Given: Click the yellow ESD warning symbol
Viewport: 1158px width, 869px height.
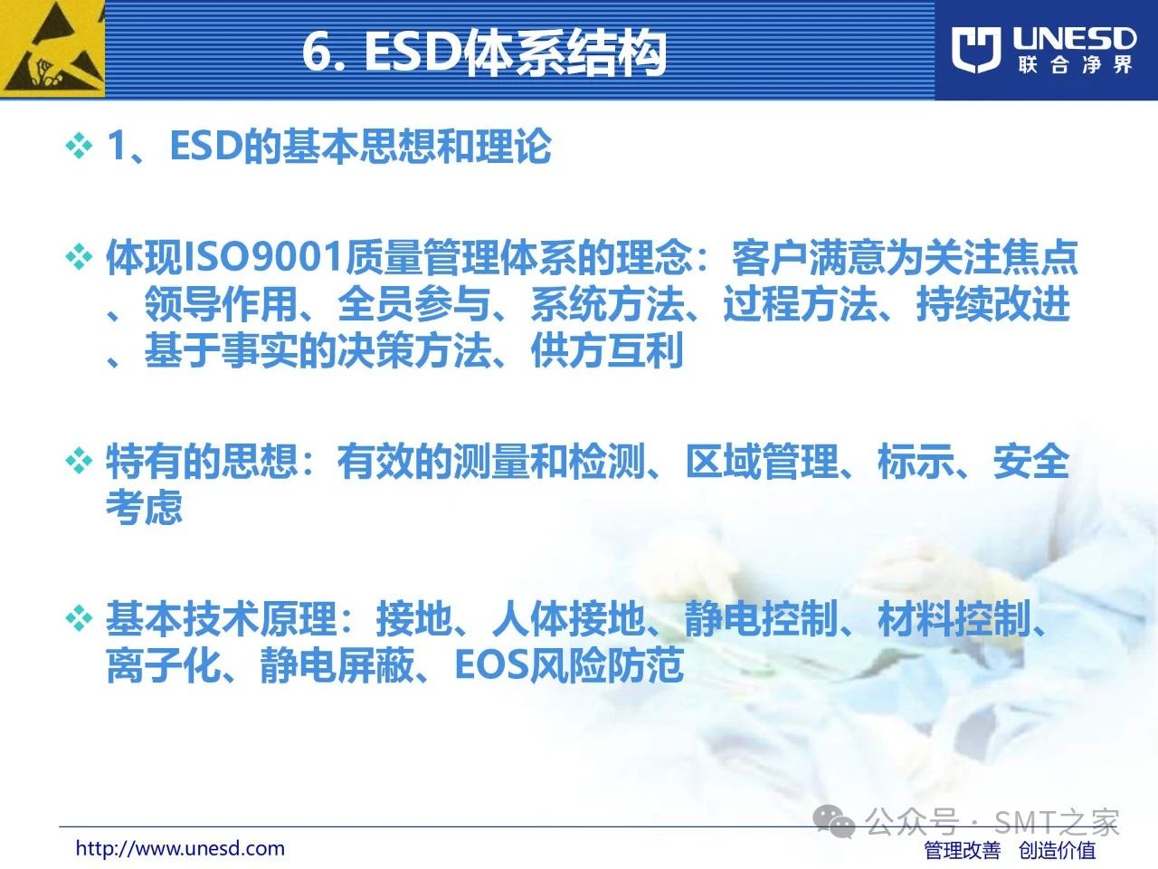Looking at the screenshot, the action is click(52, 49).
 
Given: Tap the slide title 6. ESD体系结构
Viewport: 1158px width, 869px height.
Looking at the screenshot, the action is click(484, 53).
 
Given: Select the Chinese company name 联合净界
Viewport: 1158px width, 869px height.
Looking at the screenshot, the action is click(1075, 65).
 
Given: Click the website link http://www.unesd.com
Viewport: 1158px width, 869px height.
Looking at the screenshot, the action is click(180, 848).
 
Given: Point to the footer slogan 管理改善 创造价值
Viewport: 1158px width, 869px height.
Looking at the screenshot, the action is click(1010, 850).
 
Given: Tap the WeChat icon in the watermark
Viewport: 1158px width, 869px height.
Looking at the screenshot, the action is click(833, 822).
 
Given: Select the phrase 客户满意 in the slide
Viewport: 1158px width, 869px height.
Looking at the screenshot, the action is click(808, 258).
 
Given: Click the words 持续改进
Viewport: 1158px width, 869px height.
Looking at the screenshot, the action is click(992, 304).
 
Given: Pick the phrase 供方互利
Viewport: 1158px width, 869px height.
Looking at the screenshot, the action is click(607, 349).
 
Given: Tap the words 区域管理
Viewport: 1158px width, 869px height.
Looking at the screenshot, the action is click(761, 461).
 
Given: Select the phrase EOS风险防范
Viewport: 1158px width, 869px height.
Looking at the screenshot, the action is click(569, 664).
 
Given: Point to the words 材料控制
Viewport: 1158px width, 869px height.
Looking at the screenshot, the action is click(954, 618).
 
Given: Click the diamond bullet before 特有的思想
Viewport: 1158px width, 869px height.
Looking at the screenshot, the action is click(79, 461).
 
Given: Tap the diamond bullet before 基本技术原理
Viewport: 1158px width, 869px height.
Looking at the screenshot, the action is click(79, 618).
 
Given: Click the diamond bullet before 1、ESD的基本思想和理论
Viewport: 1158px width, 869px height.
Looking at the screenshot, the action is click(79, 145).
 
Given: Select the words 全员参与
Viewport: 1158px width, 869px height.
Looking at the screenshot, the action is click(414, 304).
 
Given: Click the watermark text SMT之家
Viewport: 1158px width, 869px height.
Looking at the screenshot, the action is click(1057, 822).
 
